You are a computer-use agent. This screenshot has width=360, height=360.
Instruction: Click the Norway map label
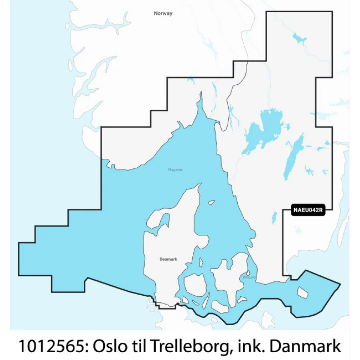coord(163,13)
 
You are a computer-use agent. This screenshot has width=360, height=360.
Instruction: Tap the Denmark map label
coord(168,259)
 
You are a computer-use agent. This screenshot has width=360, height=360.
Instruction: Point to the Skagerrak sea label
coord(175,170)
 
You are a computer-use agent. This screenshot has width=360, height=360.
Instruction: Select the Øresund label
coord(250,278)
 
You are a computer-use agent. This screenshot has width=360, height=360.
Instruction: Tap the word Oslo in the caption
coord(107,346)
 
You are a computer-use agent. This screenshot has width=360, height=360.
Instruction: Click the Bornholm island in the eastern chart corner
coord(302,291)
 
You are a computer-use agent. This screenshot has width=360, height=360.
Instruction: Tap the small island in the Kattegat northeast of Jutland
coord(211,202)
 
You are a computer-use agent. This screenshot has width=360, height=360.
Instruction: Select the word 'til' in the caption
coord(138,346)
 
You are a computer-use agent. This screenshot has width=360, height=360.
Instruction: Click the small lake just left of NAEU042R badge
coord(274,218)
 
